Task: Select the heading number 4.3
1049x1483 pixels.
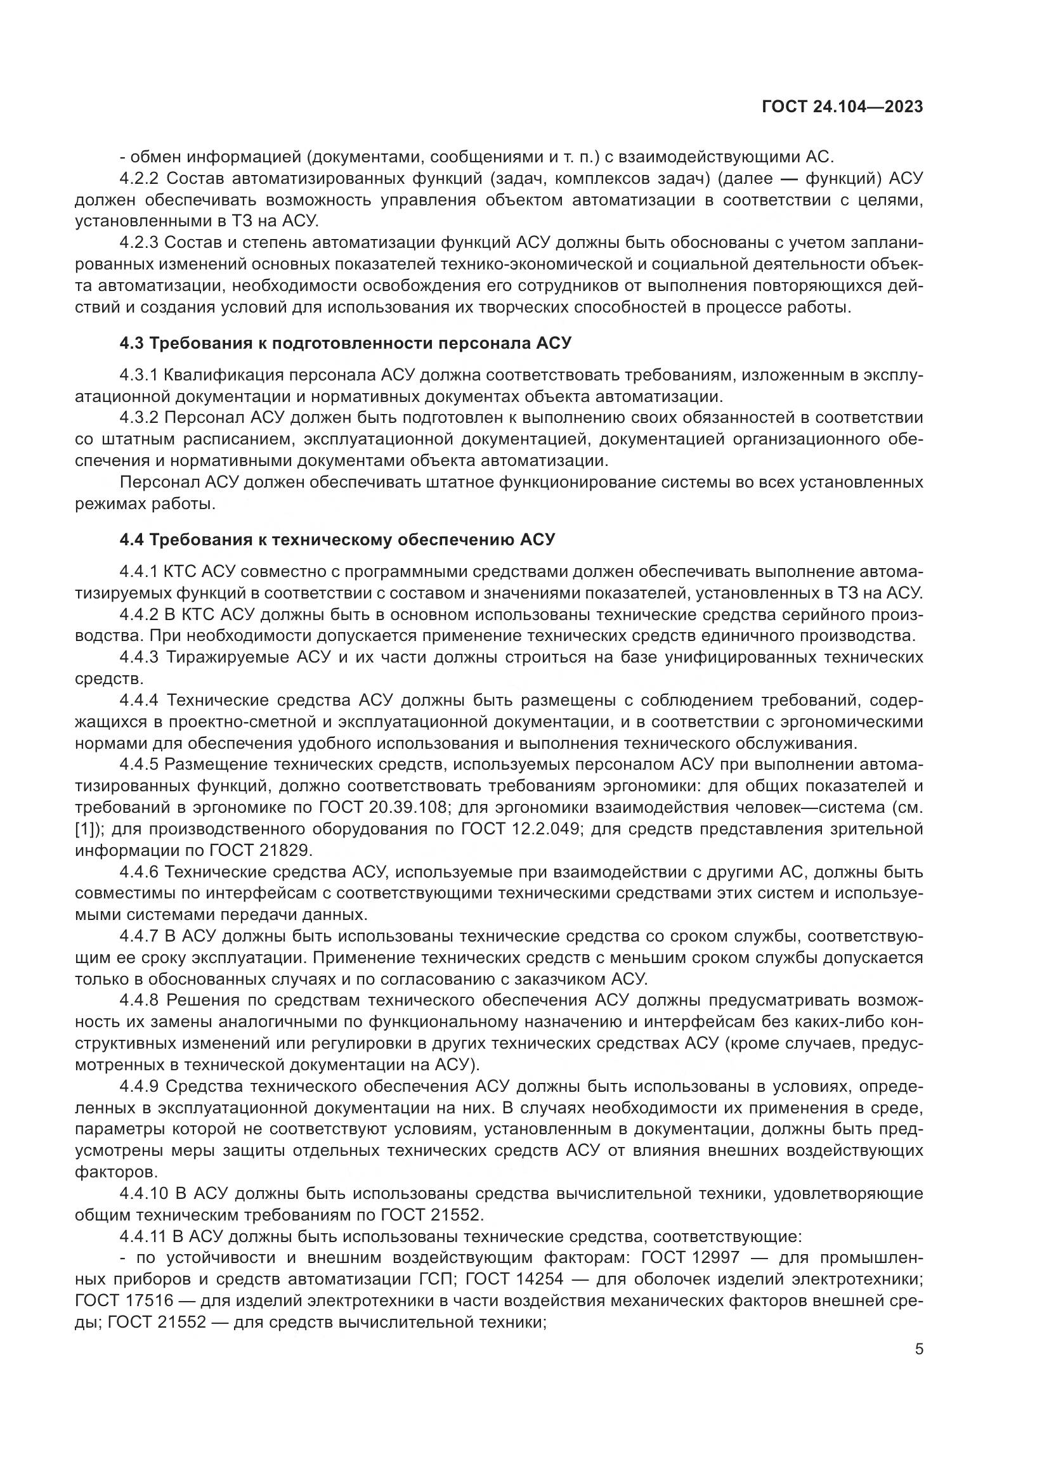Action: [x=132, y=343]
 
